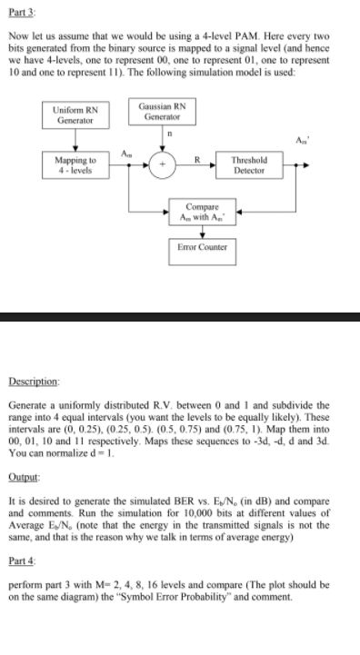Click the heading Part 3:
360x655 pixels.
pyautogui.click(x=21, y=10)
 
